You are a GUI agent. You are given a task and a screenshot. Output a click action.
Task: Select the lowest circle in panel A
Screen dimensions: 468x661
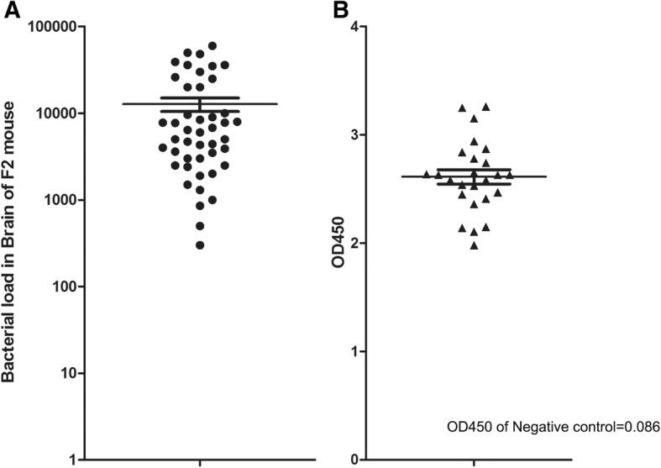point(200,245)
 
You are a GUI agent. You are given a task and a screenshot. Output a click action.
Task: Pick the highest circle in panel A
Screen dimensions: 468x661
point(212,46)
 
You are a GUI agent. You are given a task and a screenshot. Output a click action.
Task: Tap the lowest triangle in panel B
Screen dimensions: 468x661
point(475,245)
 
